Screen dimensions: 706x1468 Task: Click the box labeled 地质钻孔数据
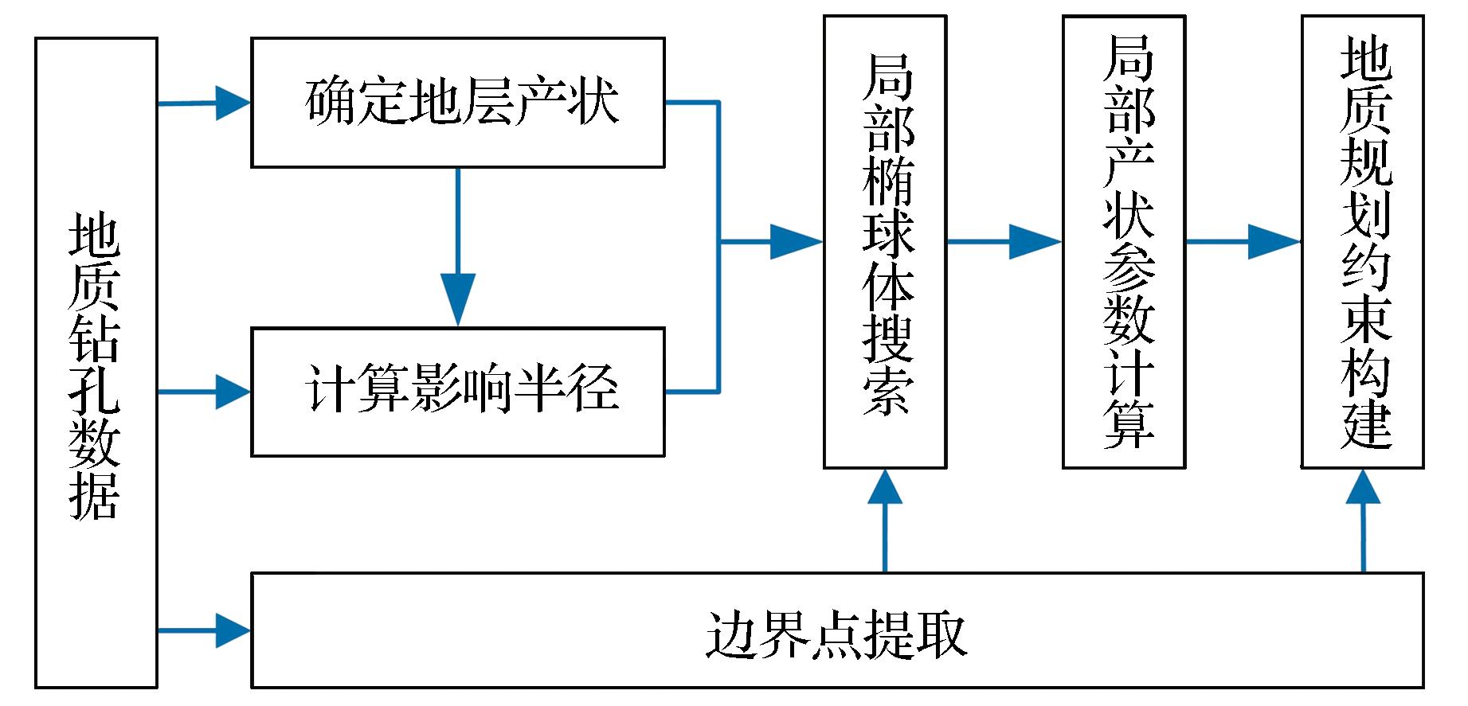pos(96,363)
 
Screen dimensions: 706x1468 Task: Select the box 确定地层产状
pos(458,102)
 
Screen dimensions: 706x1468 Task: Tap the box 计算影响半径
pos(458,391)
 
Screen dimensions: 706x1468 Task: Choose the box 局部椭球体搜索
pos(885,241)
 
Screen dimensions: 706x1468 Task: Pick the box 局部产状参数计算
pos(1124,241)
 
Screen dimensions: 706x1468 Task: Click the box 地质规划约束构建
pos(1363,241)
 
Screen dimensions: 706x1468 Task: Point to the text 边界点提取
pos(836,634)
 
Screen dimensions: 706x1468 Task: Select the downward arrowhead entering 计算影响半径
pos(458,301)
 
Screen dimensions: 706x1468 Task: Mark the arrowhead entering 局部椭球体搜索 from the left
pos(797,241)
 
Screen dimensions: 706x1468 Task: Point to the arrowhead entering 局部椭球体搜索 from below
pos(885,487)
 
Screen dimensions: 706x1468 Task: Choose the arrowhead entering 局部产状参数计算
pos(1035,241)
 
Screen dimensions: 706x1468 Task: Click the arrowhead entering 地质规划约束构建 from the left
pos(1274,241)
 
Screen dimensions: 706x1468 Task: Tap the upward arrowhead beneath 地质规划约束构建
pos(1363,487)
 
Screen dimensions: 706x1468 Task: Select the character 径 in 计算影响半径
pos(594,391)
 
